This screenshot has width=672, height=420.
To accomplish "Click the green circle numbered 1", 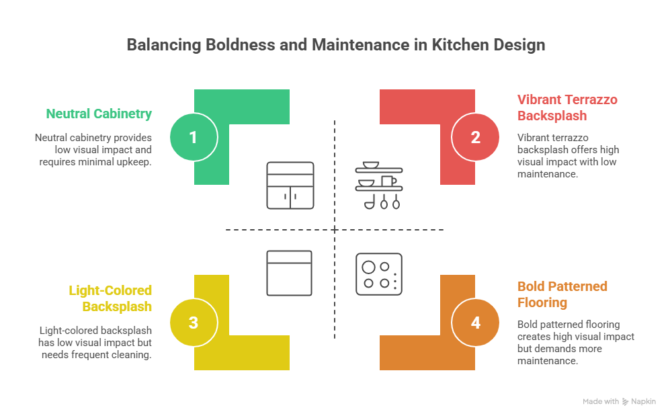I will point(194,137).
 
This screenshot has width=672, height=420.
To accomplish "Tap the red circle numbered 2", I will point(476,137).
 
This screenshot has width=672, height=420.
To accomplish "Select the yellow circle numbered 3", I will point(194,323).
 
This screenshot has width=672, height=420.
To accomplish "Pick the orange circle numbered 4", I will point(476,323).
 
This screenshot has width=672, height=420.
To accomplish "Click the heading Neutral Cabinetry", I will point(99,114).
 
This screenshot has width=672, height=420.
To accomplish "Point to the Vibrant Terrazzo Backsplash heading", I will point(567,108).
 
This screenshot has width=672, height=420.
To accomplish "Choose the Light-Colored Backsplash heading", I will point(110,298).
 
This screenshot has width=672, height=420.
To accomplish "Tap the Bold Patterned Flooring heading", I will point(562,294).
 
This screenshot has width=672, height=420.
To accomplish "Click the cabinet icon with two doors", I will point(290,185).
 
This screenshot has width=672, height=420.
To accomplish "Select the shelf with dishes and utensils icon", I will point(379,185).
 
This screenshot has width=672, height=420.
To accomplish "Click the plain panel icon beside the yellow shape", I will point(290,273).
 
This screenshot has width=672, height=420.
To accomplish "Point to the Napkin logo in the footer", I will point(639,401).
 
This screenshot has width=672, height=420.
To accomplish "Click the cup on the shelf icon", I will point(388,181).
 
